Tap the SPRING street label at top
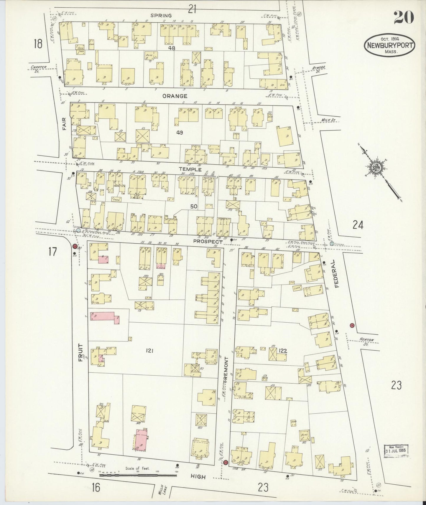click(x=161, y=15)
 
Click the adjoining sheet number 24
click(x=358, y=225)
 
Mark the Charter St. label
click(x=39, y=68)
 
